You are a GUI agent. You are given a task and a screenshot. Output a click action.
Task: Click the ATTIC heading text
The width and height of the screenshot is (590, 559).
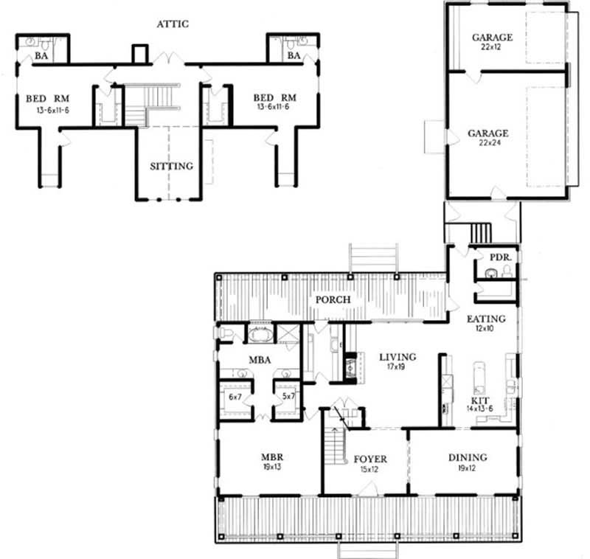pyautogui.click(x=173, y=24)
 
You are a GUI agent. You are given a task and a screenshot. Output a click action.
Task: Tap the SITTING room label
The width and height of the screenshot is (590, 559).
pyautogui.click(x=171, y=166)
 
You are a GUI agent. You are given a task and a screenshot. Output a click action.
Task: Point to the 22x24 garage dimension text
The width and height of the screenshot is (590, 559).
pyautogui.click(x=487, y=144)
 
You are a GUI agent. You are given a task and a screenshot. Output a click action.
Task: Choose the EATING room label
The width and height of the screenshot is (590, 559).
pyautogui.click(x=485, y=319)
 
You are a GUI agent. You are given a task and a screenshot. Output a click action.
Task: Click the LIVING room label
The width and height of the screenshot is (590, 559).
pyautogui.click(x=398, y=358)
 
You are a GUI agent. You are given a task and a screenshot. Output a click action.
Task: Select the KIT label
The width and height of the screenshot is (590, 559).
pyautogui.click(x=479, y=399)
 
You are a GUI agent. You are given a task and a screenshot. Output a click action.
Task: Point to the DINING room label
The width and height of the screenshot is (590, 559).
pyautogui.click(x=467, y=457)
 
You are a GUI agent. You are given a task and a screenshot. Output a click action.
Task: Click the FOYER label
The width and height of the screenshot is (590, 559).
pyautogui.click(x=369, y=459)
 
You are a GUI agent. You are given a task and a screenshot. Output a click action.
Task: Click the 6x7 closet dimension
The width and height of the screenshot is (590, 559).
pyautogui.click(x=236, y=396)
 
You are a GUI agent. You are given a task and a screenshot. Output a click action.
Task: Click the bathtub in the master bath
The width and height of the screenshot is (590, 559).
pyautogui.click(x=259, y=334)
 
